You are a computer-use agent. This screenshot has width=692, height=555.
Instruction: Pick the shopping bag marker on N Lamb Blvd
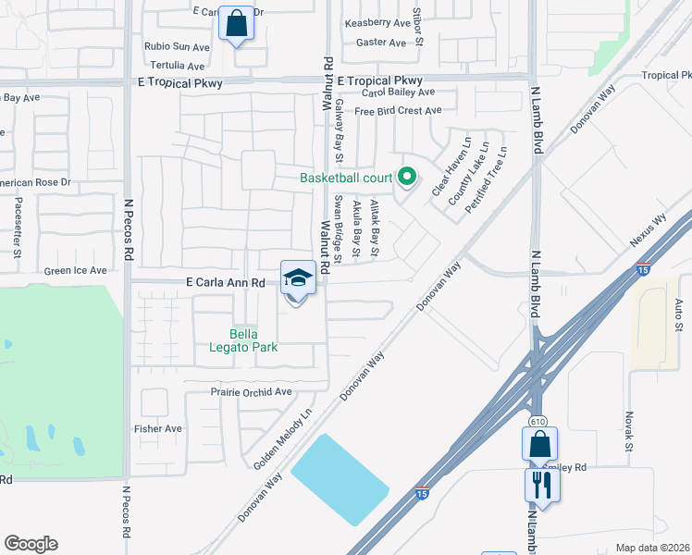coord(539,444)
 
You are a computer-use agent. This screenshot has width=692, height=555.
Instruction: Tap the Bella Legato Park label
coord(253,340)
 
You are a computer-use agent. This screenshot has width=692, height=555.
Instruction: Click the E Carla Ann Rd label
coord(232,281)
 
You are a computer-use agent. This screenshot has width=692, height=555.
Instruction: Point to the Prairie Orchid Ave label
coord(252,392)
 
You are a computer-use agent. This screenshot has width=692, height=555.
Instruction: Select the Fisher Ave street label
coord(158,429)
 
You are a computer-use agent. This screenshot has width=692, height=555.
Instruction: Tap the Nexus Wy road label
coord(648,229)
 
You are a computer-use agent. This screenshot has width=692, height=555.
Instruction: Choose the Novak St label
coord(628,433)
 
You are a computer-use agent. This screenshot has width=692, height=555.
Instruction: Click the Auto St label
coord(678,314)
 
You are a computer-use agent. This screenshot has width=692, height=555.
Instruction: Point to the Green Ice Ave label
coord(76,271)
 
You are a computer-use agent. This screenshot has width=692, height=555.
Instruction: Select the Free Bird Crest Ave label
coord(398,111)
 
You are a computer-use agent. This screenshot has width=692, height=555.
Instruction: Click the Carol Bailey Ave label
coord(398,92)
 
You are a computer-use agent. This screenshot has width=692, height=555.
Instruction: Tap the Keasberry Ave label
coord(377,23)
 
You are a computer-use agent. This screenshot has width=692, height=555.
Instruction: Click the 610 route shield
coord(538,422)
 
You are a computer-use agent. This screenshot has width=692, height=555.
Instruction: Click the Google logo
coord(31,543)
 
